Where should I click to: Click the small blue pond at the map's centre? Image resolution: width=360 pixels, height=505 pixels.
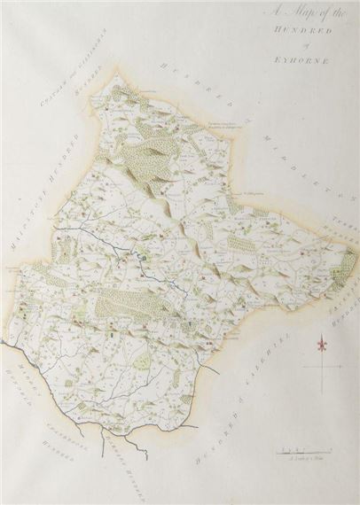(x=140, y=258)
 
